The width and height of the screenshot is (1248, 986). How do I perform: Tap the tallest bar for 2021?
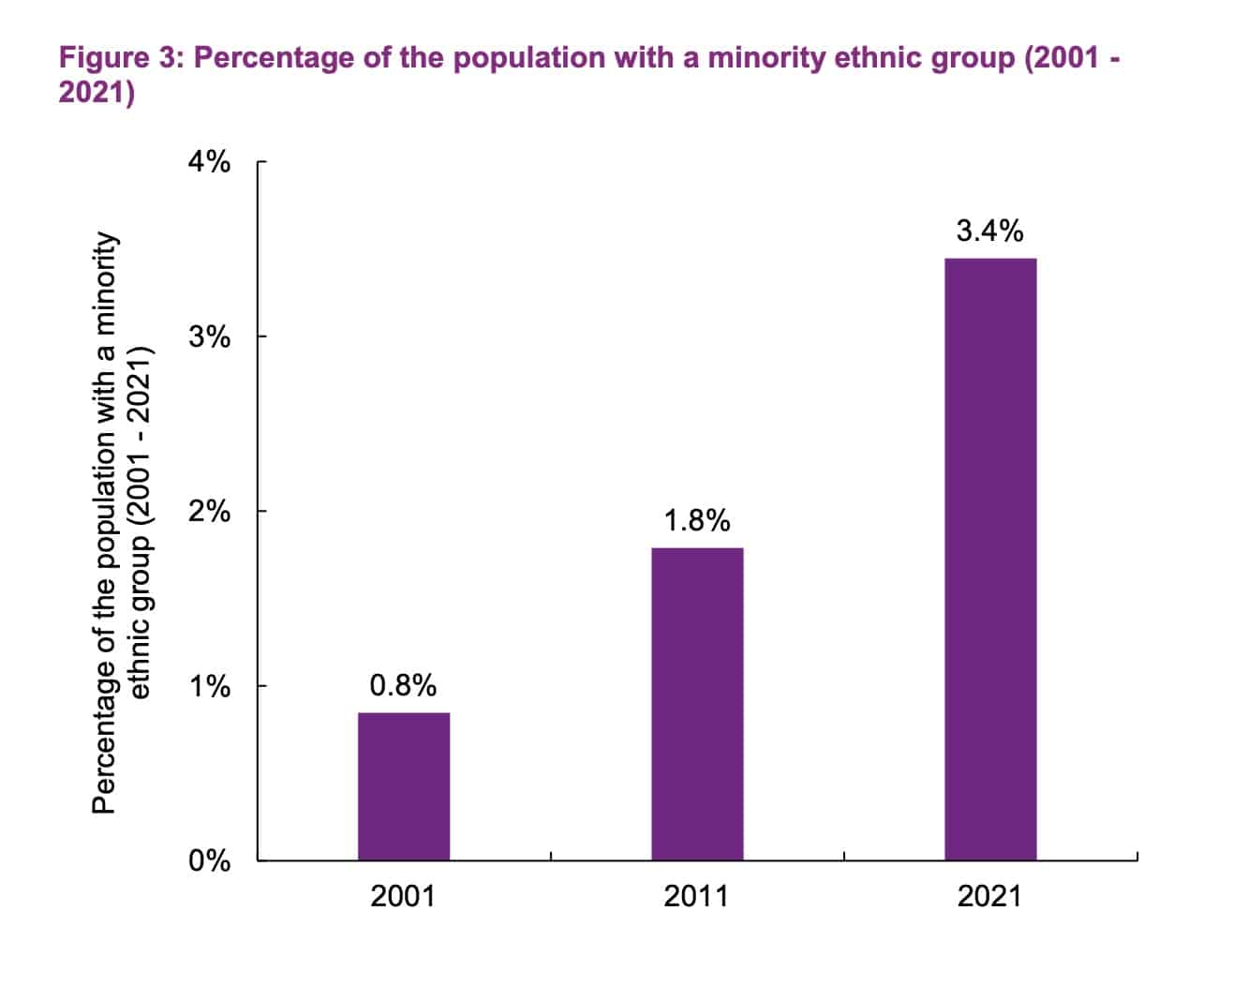click(x=990, y=559)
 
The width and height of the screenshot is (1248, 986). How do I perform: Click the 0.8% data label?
click(x=404, y=686)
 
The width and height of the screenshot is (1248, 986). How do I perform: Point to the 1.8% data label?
click(x=697, y=520)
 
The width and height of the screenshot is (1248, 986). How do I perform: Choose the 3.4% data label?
click(x=990, y=231)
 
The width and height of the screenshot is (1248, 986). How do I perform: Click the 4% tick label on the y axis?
click(x=209, y=162)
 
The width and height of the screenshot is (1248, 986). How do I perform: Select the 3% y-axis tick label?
click(x=209, y=336)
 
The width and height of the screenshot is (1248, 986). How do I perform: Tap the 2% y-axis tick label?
click(x=209, y=512)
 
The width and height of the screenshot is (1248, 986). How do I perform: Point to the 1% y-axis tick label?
click(x=209, y=686)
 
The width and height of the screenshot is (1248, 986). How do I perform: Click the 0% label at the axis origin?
click(x=209, y=860)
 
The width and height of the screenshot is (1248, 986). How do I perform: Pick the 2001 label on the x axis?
click(x=403, y=896)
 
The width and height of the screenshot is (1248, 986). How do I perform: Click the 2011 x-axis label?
click(x=696, y=896)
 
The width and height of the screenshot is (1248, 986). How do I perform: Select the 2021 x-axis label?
click(x=989, y=896)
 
